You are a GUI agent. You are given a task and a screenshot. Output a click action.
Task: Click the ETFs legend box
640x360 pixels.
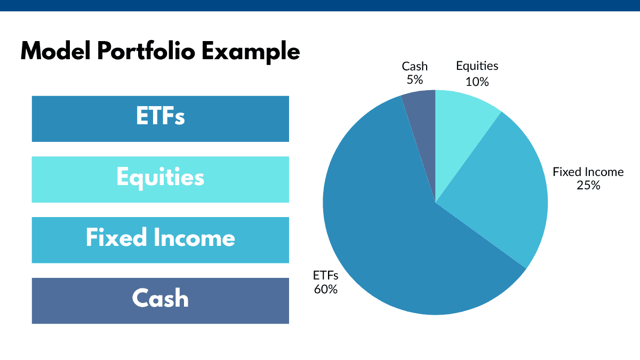click(160, 118)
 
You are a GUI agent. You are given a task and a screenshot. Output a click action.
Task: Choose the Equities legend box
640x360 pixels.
click(160, 179)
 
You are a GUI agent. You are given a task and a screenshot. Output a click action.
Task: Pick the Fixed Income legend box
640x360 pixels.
click(160, 239)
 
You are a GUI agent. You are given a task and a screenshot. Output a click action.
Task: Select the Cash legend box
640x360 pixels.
click(160, 300)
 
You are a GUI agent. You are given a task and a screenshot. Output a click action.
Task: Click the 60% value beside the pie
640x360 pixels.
click(325, 290)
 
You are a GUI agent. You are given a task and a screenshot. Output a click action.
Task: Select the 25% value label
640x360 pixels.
click(588, 186)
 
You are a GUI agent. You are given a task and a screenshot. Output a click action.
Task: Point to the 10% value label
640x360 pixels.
click(477, 81)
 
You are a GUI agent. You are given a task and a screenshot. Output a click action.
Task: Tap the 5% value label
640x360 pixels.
click(414, 80)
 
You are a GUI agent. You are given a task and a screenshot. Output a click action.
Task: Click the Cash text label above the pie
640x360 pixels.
click(414, 67)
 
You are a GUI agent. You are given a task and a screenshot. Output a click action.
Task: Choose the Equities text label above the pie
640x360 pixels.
click(477, 66)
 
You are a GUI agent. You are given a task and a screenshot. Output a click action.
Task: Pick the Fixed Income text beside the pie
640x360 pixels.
click(588, 172)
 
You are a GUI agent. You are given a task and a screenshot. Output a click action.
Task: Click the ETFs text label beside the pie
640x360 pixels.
click(325, 276)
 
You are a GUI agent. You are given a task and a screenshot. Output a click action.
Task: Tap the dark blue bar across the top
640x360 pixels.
click(320, 5)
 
